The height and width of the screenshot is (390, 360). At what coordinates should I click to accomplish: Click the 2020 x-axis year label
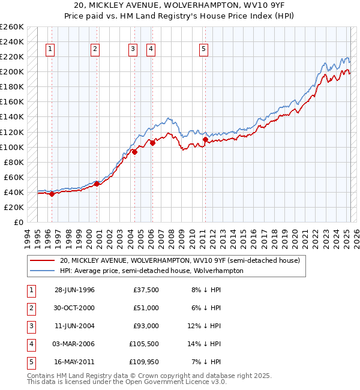tap(295, 236)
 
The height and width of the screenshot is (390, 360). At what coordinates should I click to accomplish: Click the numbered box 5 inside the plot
tap(204, 49)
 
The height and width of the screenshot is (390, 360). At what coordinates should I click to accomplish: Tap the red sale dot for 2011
tap(205, 140)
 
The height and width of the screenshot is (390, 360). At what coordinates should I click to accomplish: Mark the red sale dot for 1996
tap(52, 194)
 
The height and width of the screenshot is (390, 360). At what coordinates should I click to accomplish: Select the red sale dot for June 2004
tap(134, 152)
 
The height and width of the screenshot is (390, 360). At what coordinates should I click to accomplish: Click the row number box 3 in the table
tap(30, 326)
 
